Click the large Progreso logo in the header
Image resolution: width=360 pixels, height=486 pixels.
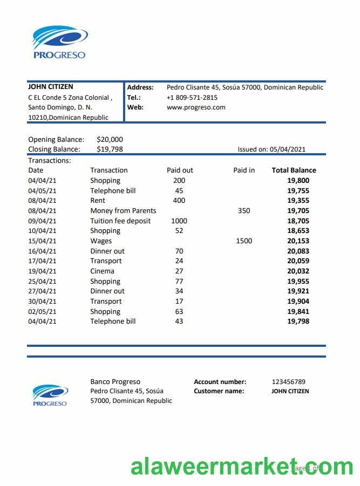pyautogui.click(x=59, y=42)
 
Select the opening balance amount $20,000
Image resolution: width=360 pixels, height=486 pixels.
pyautogui.click(x=110, y=139)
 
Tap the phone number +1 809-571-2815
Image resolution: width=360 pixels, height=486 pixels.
pyautogui.click(x=192, y=98)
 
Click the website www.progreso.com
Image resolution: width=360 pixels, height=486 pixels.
pyautogui.click(x=196, y=107)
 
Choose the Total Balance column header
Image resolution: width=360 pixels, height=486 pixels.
pyautogui.click(x=294, y=170)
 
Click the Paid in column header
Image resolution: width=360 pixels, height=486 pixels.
pyautogui.click(x=244, y=170)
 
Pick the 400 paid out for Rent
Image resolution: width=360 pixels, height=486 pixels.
pyautogui.click(x=179, y=200)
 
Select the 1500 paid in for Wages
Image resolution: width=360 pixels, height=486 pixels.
pyautogui.click(x=244, y=241)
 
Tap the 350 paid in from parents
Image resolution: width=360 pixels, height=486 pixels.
pyautogui.click(x=244, y=210)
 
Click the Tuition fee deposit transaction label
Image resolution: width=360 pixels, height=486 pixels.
pyautogui.click(x=120, y=221)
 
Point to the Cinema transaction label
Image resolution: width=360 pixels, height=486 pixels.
pyautogui.click(x=102, y=271)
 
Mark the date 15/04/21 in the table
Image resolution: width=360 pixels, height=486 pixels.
pyautogui.click(x=42, y=241)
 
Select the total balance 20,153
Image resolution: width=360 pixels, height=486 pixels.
pyautogui.click(x=298, y=241)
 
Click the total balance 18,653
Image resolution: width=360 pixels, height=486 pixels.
pyautogui.click(x=298, y=231)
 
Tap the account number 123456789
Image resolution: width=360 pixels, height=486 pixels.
pyautogui.click(x=288, y=382)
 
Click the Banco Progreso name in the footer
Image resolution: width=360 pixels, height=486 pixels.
pyautogui.click(x=115, y=382)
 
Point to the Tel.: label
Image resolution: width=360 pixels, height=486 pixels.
pyautogui.click(x=134, y=98)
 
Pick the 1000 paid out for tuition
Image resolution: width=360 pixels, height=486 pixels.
pyautogui.click(x=179, y=221)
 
